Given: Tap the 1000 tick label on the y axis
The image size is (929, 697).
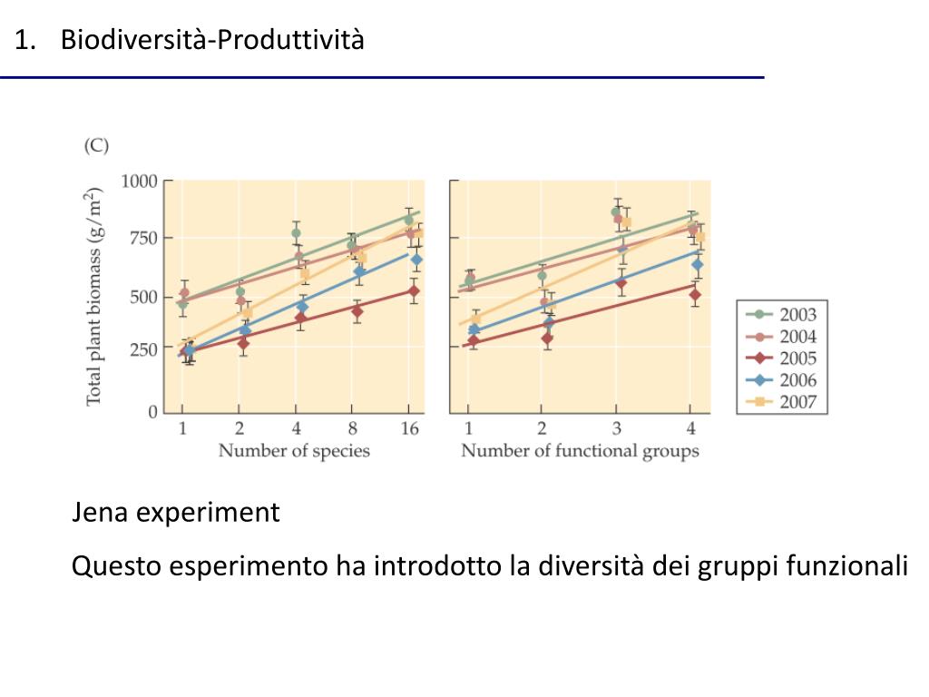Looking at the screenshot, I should (x=140, y=181).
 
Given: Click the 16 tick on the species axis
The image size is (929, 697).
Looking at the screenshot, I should (x=410, y=429).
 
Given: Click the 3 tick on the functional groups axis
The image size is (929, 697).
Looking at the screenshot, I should (x=616, y=429).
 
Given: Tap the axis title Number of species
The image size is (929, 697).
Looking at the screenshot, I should (x=294, y=451).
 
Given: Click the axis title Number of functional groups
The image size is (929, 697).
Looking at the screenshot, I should (x=580, y=451).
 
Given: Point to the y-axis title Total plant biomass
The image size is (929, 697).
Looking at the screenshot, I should (x=94, y=297).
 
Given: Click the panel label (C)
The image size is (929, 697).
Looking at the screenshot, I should (x=97, y=145).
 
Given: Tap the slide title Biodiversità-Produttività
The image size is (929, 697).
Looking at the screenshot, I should (x=212, y=40).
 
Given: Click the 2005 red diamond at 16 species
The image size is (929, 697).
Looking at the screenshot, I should (x=413, y=291).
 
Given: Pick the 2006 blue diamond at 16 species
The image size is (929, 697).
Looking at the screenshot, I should (x=416, y=260).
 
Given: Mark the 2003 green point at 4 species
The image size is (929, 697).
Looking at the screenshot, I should (x=296, y=233).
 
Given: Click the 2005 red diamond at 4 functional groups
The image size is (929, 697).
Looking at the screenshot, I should (x=694, y=294).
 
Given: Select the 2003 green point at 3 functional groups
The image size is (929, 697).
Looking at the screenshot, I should (x=616, y=211).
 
